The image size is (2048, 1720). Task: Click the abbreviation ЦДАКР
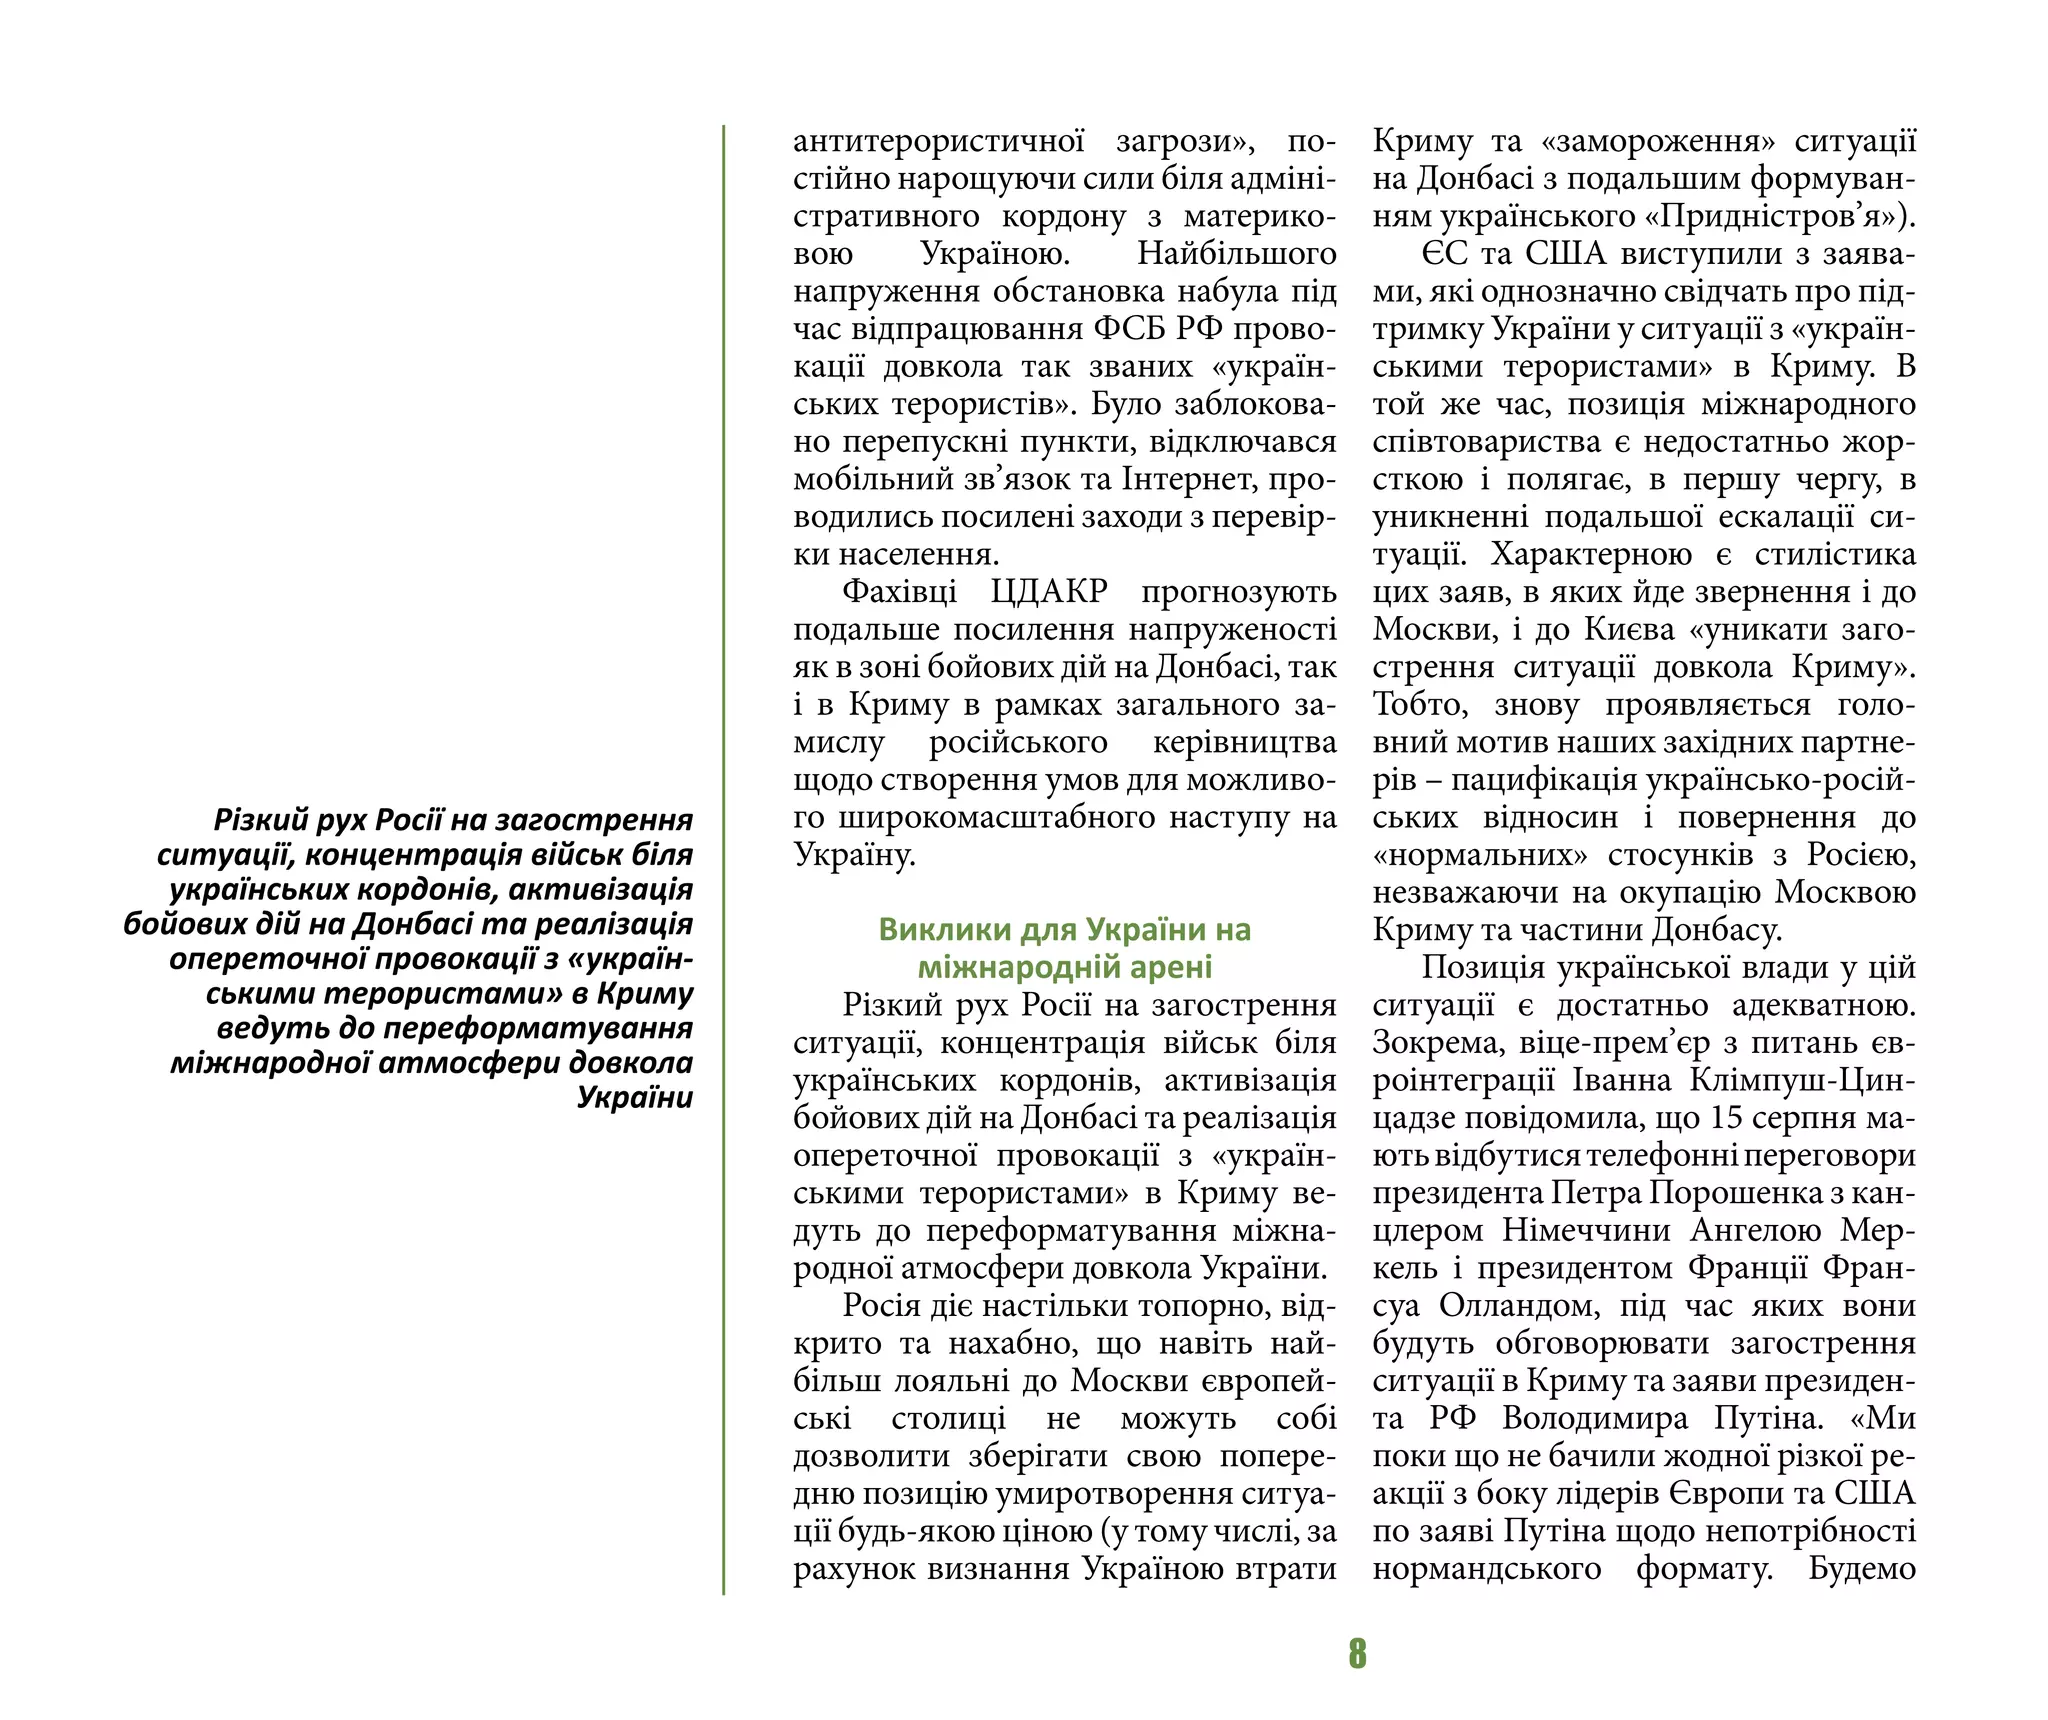point(1049,591)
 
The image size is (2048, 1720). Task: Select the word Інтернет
point(1193,479)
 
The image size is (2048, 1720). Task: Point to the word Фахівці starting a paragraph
point(899,591)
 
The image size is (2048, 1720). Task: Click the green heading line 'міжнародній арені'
point(1065,967)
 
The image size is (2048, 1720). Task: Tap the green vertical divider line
point(723,860)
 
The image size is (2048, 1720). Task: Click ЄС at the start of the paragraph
point(1444,254)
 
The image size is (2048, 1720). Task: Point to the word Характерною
point(1591,554)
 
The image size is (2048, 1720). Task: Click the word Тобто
point(1420,704)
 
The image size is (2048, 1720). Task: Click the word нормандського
point(1486,1568)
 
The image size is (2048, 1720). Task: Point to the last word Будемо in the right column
point(1862,1568)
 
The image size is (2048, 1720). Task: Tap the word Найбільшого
point(1236,254)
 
